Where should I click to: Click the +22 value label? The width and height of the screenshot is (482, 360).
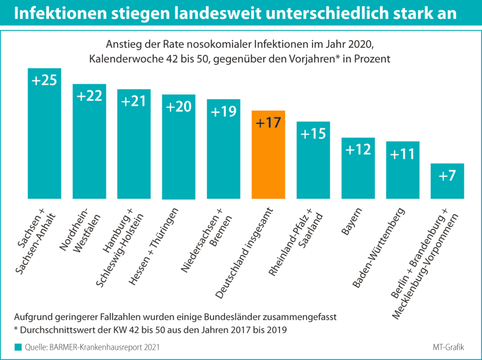point(89,96)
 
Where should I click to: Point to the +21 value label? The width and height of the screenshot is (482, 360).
point(134,101)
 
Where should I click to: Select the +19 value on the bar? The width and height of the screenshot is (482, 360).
point(224,112)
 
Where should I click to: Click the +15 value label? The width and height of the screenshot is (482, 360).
point(313,134)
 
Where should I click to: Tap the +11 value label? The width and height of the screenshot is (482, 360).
point(403,154)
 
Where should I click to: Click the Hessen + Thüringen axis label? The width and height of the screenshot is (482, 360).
point(154,246)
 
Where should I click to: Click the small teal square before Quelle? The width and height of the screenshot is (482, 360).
point(18,347)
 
